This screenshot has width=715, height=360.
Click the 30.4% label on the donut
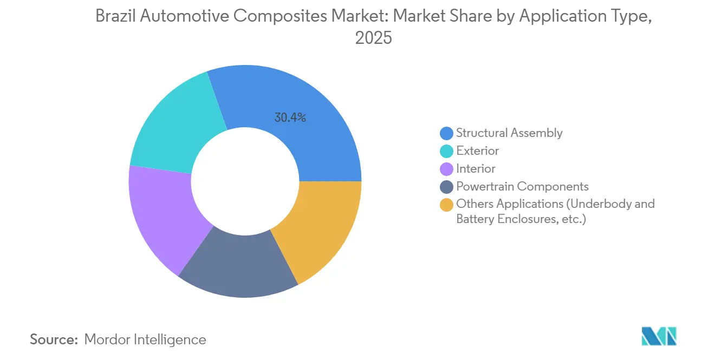point(290,117)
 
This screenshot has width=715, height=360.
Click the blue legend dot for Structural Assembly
point(447,133)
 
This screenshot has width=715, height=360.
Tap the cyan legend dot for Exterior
point(447,151)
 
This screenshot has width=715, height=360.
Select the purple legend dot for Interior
point(447,169)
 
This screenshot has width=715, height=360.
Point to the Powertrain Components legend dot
point(447,187)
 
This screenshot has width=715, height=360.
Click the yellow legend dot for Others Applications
point(447,205)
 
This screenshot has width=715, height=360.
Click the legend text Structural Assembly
point(509,133)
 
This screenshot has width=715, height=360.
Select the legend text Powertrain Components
point(522,187)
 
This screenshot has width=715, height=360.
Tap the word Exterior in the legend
point(477,151)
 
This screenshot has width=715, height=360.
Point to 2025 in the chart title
point(373,38)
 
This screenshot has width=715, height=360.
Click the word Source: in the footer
point(54,339)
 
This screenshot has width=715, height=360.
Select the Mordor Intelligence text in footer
point(145,339)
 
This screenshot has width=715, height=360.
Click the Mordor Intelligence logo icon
point(659,336)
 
